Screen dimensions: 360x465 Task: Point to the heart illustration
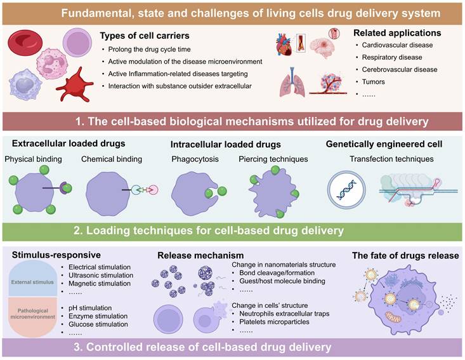284,46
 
